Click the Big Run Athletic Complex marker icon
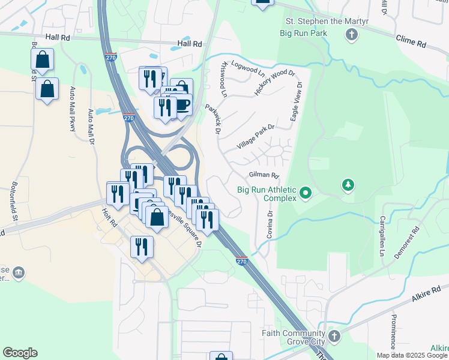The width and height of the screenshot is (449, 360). (306, 193)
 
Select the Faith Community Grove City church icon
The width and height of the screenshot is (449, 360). (334, 336)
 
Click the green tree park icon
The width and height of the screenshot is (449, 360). (348, 185)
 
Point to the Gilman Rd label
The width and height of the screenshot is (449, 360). (264, 175)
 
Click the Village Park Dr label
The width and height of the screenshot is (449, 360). (255, 137)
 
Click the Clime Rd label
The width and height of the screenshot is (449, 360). (411, 41)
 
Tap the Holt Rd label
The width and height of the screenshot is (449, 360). (109, 217)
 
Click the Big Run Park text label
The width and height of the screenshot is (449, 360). (303, 33)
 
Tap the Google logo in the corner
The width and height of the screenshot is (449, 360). (19, 353)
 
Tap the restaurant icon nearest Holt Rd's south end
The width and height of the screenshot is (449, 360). (142, 247)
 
